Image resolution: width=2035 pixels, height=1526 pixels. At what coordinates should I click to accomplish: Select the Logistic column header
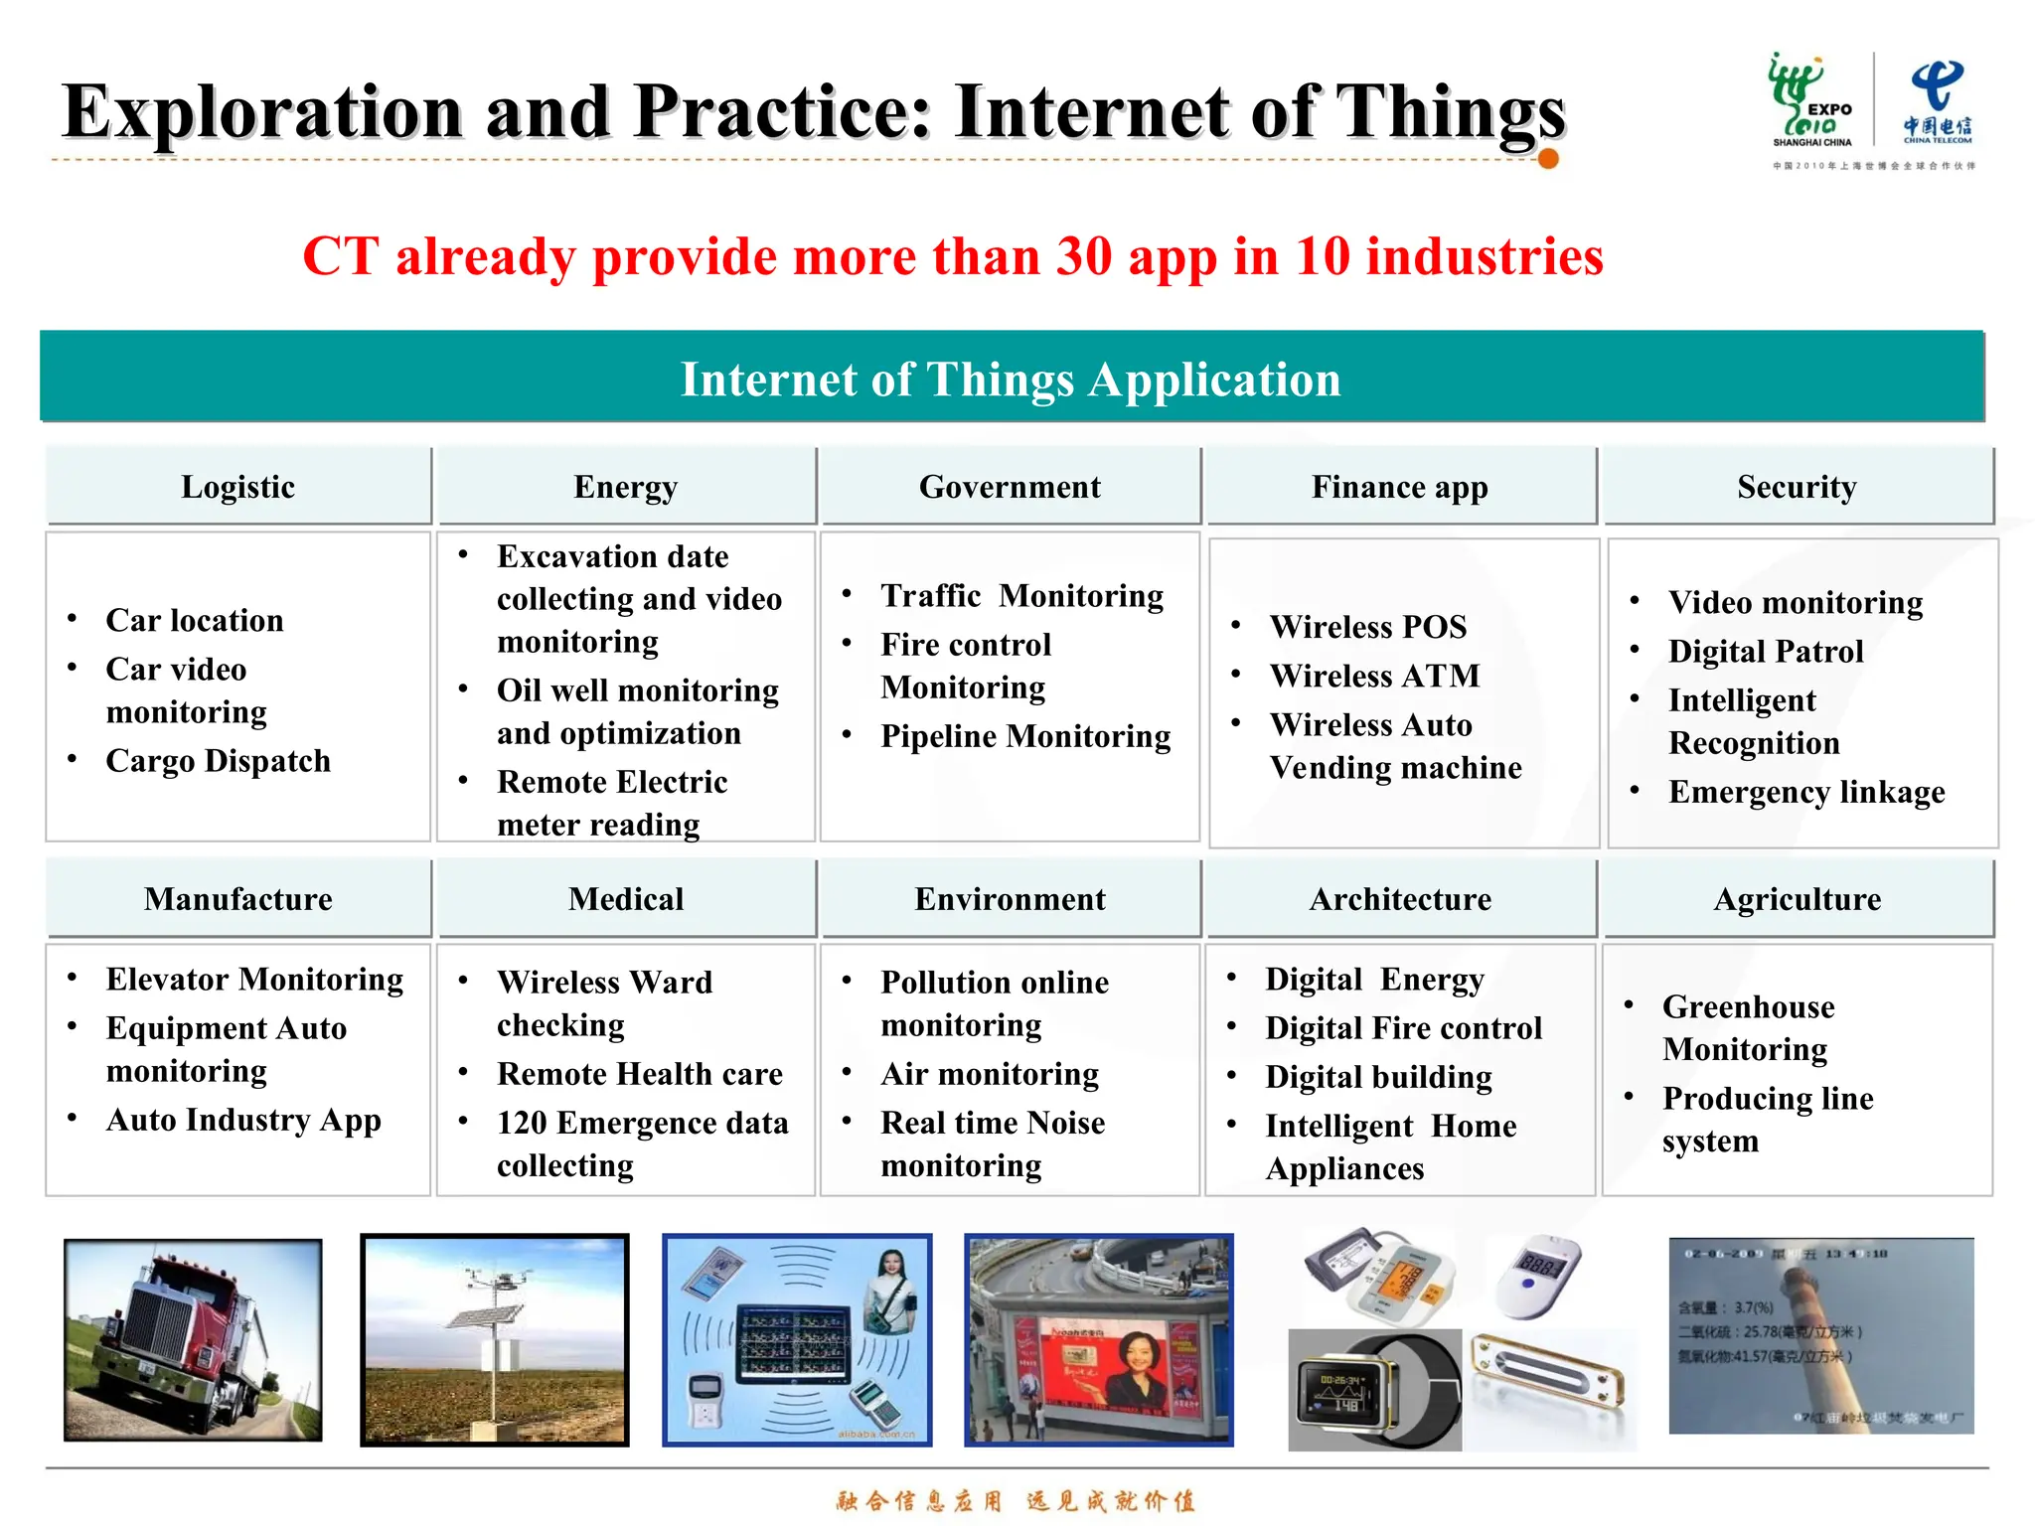(x=237, y=487)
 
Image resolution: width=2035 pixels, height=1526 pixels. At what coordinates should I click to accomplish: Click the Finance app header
(x=1399, y=487)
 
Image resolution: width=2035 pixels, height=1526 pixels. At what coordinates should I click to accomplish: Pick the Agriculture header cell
(x=1797, y=899)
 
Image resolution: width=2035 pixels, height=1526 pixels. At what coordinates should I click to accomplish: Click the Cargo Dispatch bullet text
(x=218, y=761)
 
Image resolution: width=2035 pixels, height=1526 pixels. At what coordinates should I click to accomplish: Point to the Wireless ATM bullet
(x=1374, y=676)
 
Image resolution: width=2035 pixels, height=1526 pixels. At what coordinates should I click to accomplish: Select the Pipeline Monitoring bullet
(x=1024, y=736)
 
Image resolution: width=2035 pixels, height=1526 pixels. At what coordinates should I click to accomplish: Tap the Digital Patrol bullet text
(x=1765, y=652)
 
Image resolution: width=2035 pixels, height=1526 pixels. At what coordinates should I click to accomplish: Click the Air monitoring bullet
(x=989, y=1074)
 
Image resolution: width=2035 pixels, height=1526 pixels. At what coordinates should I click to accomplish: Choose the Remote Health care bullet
(x=639, y=1074)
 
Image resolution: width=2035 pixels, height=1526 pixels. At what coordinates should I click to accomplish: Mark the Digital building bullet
(x=1378, y=1077)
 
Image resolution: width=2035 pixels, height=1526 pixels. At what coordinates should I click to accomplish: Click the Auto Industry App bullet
(x=243, y=1120)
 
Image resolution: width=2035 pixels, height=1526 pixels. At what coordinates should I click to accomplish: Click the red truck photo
(x=193, y=1339)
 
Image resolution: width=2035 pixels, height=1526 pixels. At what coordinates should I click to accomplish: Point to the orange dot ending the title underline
(x=1547, y=158)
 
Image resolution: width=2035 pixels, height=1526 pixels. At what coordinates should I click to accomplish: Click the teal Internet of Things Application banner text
(x=1011, y=380)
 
